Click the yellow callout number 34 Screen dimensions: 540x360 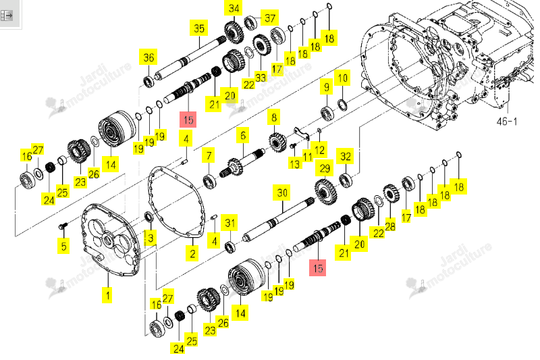click(234, 8)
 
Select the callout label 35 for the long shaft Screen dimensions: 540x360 click(199, 28)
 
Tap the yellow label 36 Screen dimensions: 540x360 click(148, 57)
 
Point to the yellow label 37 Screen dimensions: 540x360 click(270, 18)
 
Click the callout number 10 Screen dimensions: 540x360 click(342, 78)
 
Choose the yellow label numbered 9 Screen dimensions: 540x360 click(327, 86)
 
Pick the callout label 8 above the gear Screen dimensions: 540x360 click(274, 118)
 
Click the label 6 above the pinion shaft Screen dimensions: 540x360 click(243, 135)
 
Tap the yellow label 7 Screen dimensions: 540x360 click(209, 156)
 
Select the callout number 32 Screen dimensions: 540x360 click(346, 157)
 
